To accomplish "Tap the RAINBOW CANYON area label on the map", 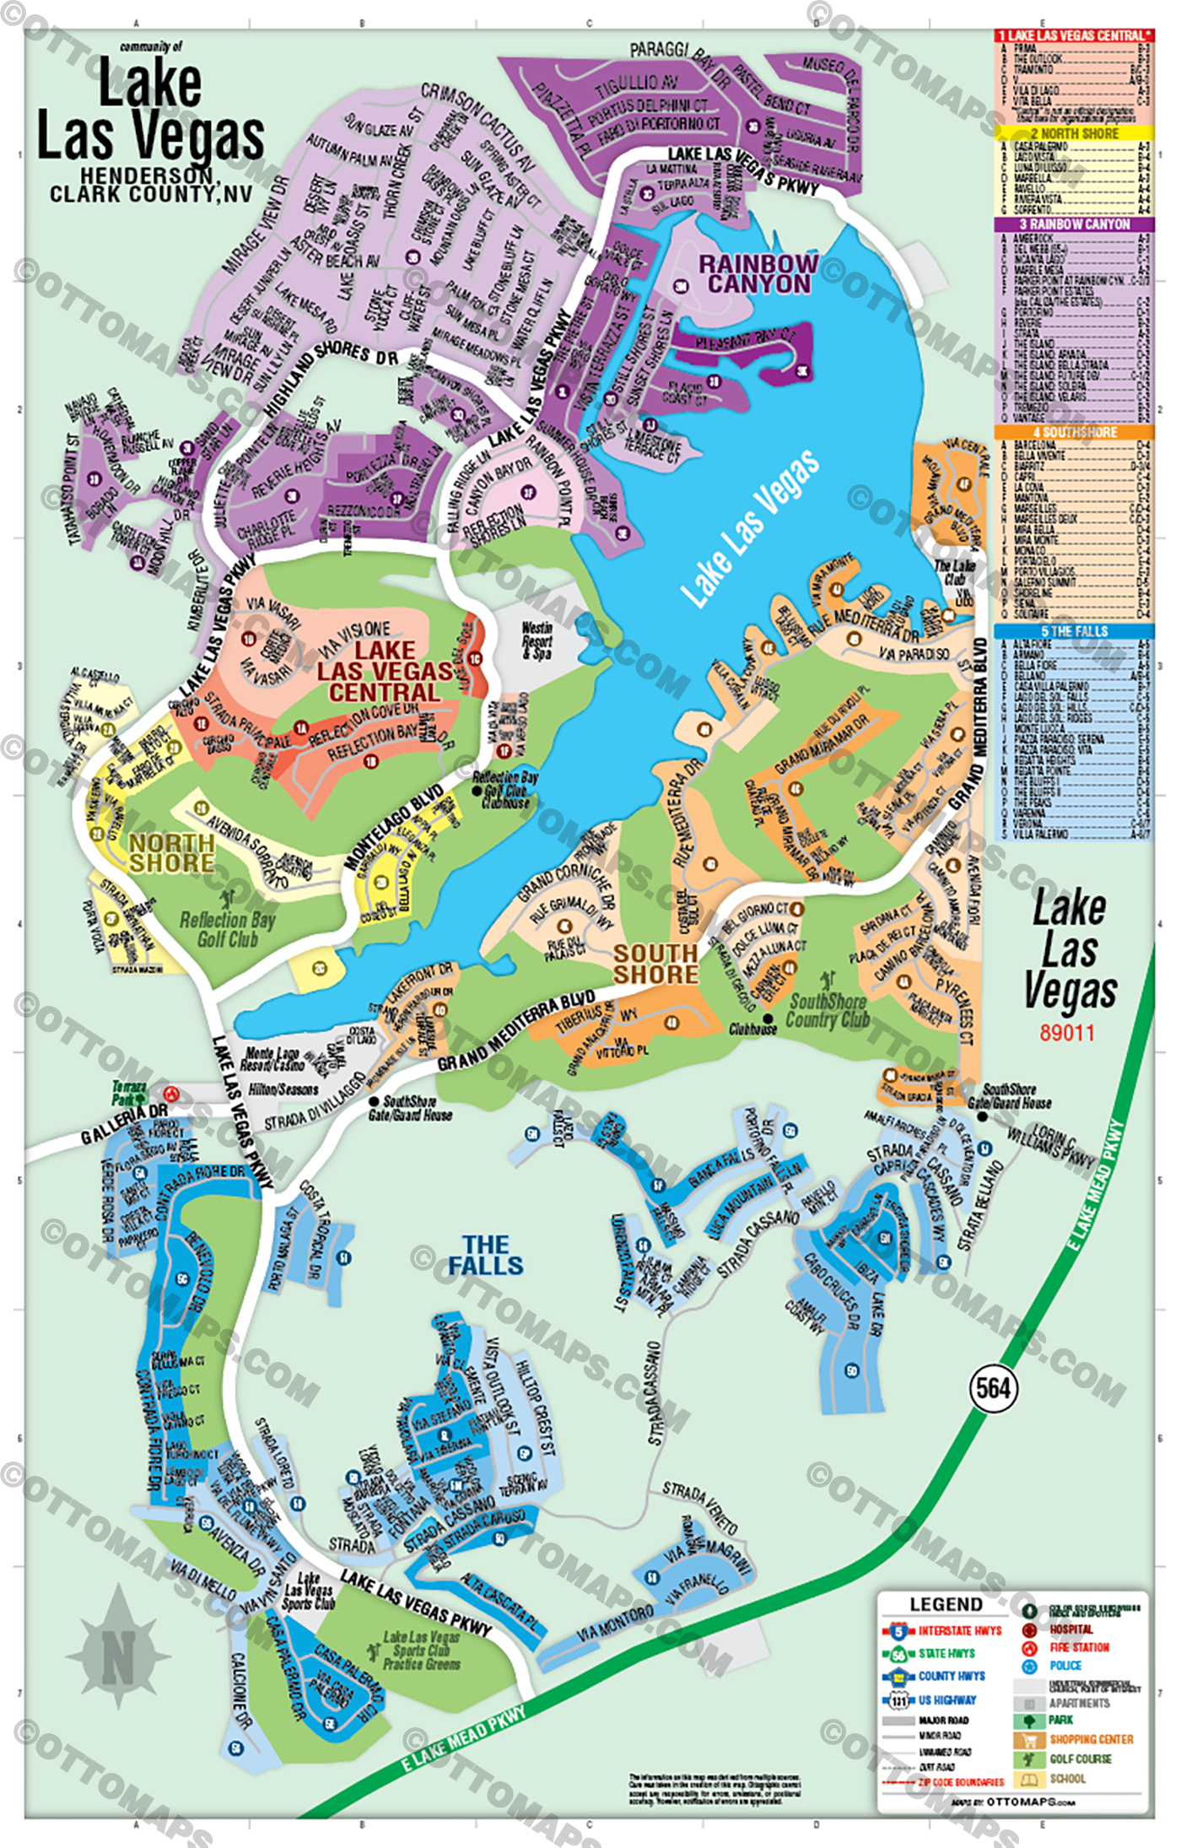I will [758, 274].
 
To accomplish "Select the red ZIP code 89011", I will [1067, 1033].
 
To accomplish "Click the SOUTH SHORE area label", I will [655, 964].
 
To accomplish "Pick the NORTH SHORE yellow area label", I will [171, 852].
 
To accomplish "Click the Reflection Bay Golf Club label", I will [228, 929].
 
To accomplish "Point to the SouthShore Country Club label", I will [827, 1011].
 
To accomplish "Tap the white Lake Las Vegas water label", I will [749, 528].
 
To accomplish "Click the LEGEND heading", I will [946, 1604].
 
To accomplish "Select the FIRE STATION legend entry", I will [1079, 1647].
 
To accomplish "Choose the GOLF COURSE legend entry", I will [1080, 1759].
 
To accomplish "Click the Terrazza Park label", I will [129, 1094].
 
